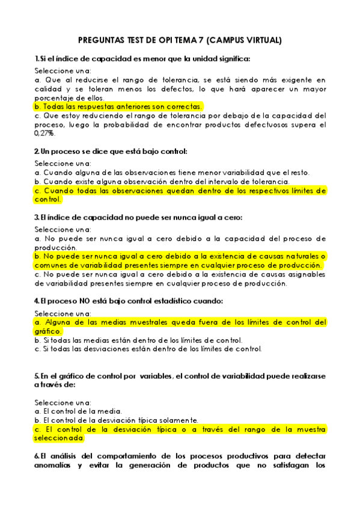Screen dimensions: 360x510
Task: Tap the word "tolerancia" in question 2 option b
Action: pos(268,181)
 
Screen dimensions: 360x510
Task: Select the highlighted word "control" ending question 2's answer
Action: pos(47,199)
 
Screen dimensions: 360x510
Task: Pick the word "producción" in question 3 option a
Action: pos(56,247)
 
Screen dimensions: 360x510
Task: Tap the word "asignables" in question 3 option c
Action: pos(304,274)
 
